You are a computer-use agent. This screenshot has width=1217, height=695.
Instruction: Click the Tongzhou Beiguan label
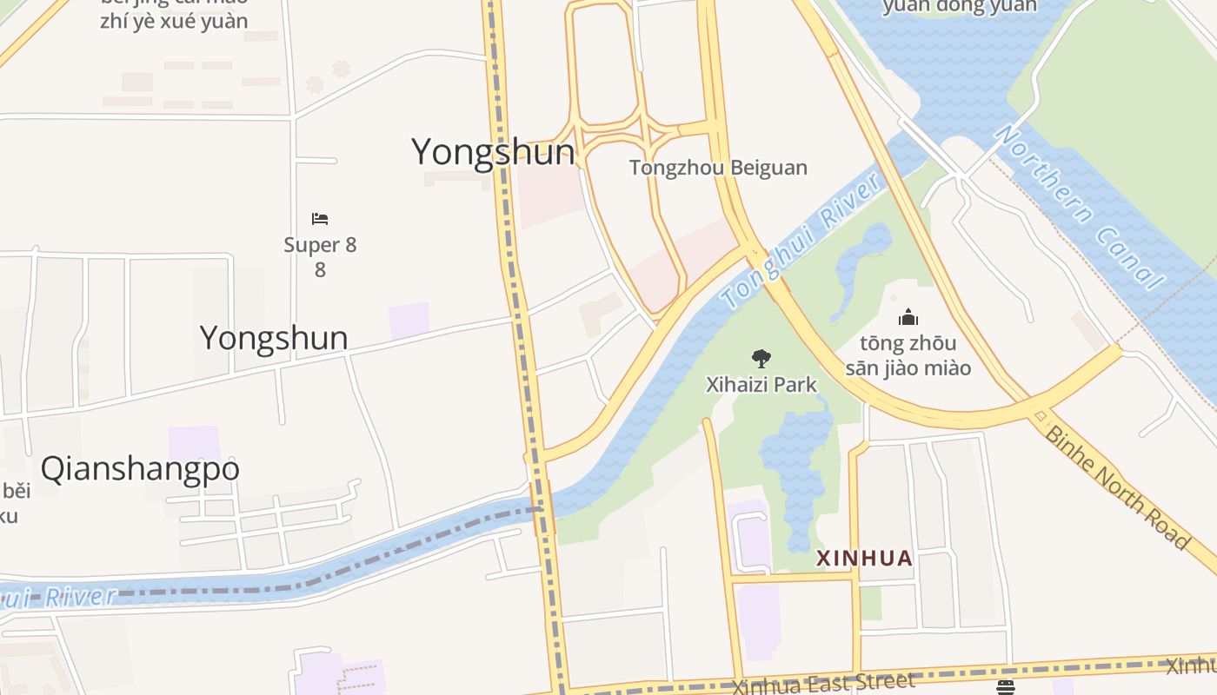click(x=718, y=168)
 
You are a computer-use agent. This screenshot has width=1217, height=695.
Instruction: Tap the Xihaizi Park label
click(x=761, y=384)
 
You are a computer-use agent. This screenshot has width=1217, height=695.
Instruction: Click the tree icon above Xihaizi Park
click(x=761, y=358)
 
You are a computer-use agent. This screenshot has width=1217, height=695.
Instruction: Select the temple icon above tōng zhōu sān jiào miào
click(x=908, y=317)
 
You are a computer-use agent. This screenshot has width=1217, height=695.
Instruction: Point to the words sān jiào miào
click(x=908, y=367)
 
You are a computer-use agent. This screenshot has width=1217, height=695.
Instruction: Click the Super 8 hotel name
click(x=320, y=245)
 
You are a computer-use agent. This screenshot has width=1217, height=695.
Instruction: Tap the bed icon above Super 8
click(x=320, y=219)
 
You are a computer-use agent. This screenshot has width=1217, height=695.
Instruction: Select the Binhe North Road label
click(x=1116, y=486)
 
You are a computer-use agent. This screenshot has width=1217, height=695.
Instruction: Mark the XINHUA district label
click(x=864, y=559)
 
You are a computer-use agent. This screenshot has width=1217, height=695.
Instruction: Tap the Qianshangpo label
click(x=140, y=469)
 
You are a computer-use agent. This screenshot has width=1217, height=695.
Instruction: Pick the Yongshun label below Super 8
click(x=274, y=338)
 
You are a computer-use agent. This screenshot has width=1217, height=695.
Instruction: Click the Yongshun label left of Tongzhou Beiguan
click(x=493, y=152)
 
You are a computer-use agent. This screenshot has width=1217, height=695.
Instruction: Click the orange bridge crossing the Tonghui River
click(x=543, y=506)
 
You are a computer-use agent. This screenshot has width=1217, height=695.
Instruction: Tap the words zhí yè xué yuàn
click(x=174, y=21)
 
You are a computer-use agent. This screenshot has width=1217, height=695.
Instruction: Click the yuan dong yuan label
click(x=960, y=7)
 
